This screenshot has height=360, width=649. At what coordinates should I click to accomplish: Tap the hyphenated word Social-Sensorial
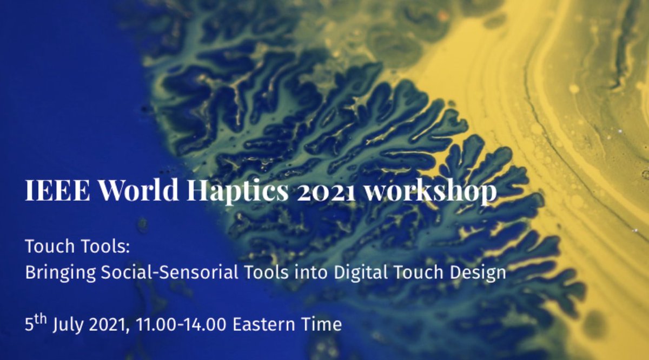pos(165,272)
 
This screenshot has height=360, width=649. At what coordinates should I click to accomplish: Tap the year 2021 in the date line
pos(109,324)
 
